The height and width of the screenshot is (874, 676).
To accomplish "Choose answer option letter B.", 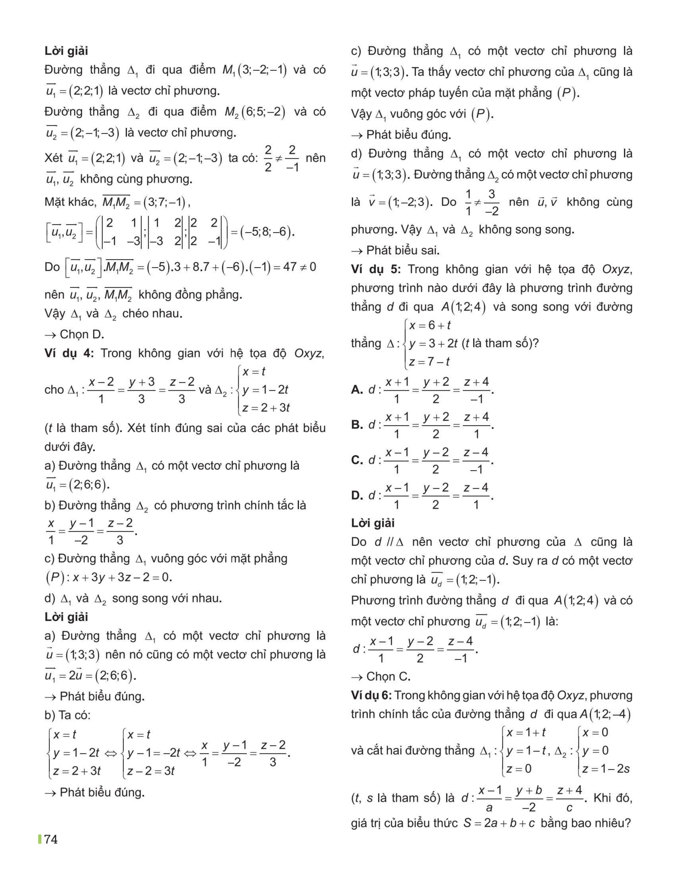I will tap(357, 425).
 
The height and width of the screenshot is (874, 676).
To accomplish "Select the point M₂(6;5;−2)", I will tap(255, 112).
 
